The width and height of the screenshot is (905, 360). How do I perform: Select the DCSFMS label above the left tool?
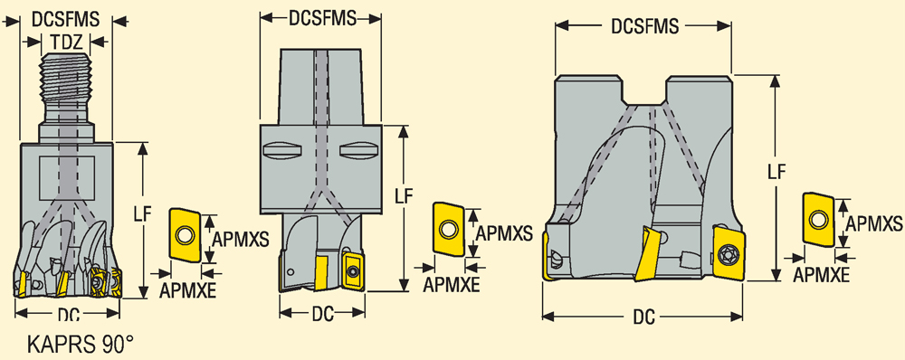click(x=66, y=19)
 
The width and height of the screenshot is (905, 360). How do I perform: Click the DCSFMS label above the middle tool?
click(x=322, y=18)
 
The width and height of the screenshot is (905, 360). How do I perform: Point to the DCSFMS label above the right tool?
click(x=644, y=26)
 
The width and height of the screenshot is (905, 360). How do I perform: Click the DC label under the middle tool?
click(x=323, y=314)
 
